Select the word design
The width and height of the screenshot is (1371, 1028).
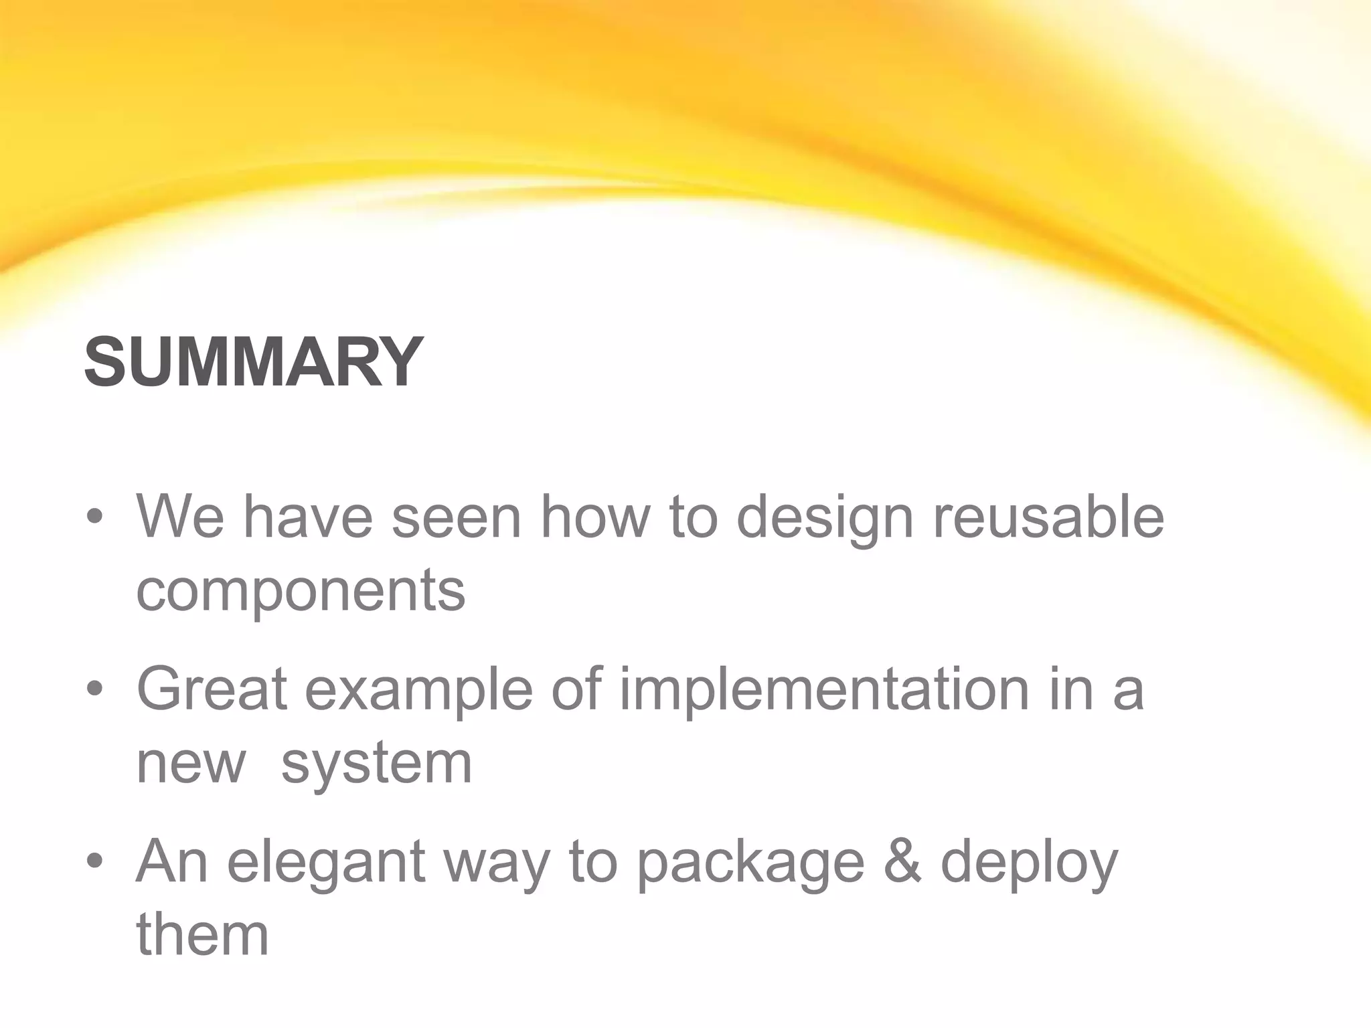[x=825, y=519]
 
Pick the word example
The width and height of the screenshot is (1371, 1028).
[x=419, y=691]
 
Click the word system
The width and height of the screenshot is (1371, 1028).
[x=377, y=765]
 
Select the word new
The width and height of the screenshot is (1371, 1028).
[x=191, y=765]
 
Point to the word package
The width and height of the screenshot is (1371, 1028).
[x=750, y=864]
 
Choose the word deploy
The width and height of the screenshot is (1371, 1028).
[x=1030, y=864]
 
